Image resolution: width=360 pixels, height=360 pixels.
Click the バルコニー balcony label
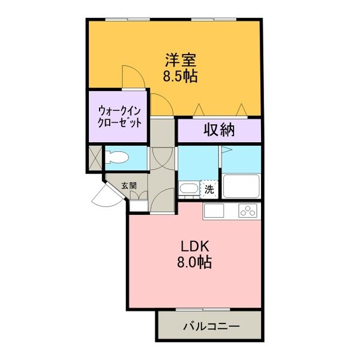click(x=211, y=327)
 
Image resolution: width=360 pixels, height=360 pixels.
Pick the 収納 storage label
click(x=218, y=129)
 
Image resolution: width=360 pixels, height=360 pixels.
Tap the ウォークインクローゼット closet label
click(x=119, y=116)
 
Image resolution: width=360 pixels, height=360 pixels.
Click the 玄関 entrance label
click(x=128, y=186)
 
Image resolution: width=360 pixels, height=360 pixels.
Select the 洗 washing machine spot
click(x=209, y=189)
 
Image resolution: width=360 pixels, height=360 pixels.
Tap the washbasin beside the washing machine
click(x=187, y=189)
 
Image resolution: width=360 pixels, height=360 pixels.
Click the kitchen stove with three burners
click(x=247, y=211)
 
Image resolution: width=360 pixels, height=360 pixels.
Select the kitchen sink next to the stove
click(x=214, y=211)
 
